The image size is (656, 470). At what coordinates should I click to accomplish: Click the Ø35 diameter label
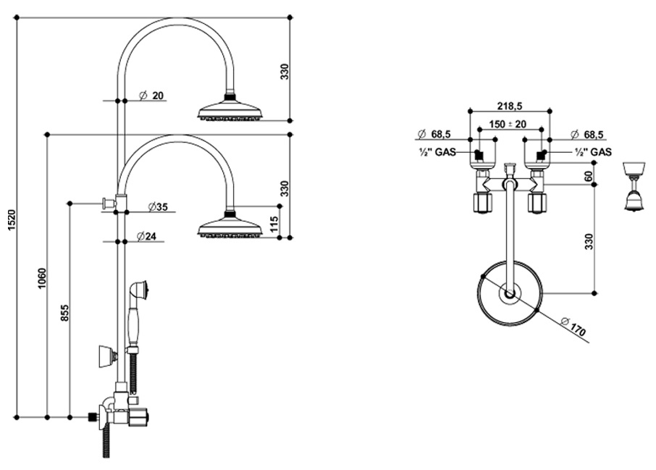pyautogui.click(x=156, y=207)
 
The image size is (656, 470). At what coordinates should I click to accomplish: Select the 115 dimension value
pyautogui.click(x=274, y=224)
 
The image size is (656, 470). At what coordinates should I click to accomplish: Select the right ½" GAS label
pyautogui.click(x=592, y=152)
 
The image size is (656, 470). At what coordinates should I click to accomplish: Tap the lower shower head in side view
pyautogui.click(x=230, y=229)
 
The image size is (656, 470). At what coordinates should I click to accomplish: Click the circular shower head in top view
pyautogui.click(x=510, y=293)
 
